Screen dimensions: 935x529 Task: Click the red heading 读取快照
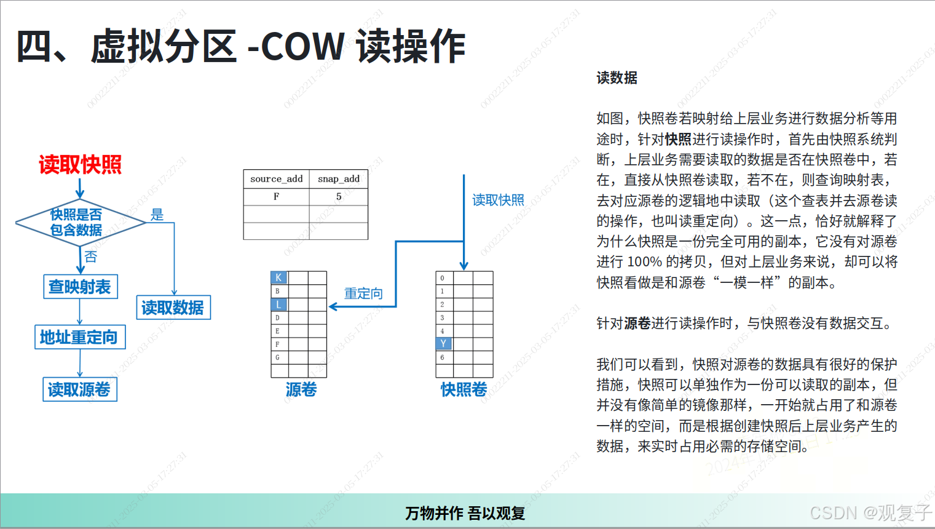pos(80,165)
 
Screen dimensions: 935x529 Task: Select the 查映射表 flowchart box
pos(80,287)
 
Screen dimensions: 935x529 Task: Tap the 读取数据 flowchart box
pos(173,308)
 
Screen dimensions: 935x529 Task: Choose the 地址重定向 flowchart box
pos(79,337)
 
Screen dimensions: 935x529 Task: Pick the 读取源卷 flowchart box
pos(79,389)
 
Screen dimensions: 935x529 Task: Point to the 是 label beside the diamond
pos(157,215)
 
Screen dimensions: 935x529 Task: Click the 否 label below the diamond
pos(91,257)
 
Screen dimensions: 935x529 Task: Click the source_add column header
pos(276,179)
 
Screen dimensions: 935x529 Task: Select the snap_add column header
pos(339,179)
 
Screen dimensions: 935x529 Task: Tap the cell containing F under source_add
pos(276,197)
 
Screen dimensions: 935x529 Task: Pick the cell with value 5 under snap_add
pos(339,197)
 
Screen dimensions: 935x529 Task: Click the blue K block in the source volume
pos(278,278)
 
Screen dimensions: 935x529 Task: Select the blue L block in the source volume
pos(278,304)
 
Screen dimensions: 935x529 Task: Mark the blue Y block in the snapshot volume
pos(443,344)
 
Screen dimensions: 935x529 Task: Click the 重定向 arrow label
pos(363,293)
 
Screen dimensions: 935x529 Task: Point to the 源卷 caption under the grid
pos(301,389)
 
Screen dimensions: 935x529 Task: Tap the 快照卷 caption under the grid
pos(464,389)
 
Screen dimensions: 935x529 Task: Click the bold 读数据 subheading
pos(617,78)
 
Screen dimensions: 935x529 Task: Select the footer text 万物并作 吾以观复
pos(465,513)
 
